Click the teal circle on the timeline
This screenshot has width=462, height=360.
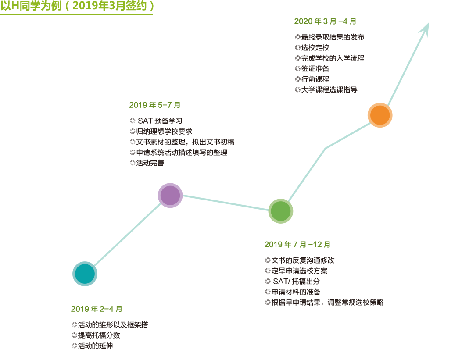click(x=85, y=274)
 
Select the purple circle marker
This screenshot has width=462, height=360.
click(x=170, y=196)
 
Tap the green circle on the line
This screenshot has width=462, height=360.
click(x=281, y=211)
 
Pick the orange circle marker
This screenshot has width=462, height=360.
click(x=380, y=115)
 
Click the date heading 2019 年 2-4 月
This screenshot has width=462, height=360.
click(x=97, y=309)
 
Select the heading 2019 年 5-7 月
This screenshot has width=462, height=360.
click(x=154, y=105)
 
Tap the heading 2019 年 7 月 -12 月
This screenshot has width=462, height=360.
click(x=297, y=244)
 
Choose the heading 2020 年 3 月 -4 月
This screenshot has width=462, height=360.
click(x=325, y=21)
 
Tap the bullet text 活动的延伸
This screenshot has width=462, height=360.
click(x=95, y=346)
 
